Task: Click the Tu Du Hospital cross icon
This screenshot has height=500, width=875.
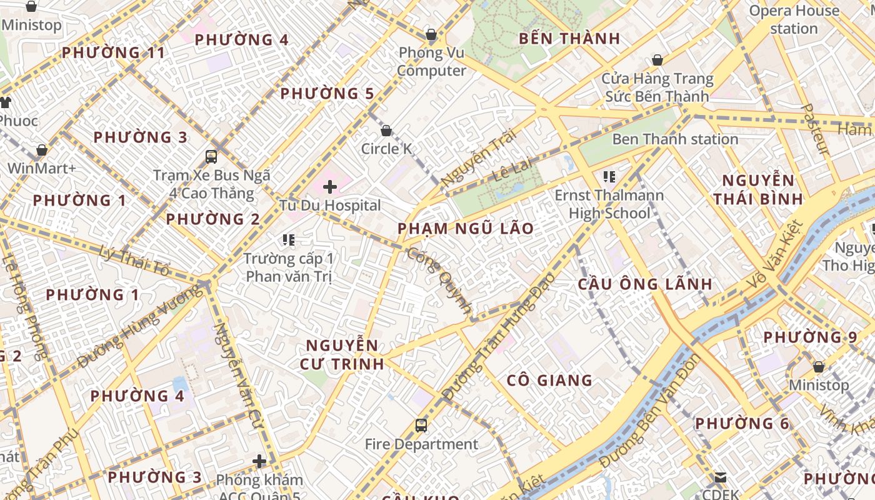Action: pyautogui.click(x=329, y=186)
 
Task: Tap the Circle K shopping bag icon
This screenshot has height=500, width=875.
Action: pyautogui.click(x=386, y=131)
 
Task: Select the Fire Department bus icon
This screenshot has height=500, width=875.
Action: pyautogui.click(x=421, y=426)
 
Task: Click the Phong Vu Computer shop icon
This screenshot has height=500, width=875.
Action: pyautogui.click(x=431, y=34)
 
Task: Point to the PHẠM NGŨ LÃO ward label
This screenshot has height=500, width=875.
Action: pyautogui.click(x=466, y=228)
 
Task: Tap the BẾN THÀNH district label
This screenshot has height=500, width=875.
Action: pyautogui.click(x=569, y=39)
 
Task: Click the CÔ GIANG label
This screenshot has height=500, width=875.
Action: pyautogui.click(x=549, y=380)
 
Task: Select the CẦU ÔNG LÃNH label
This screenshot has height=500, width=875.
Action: pyautogui.click(x=645, y=284)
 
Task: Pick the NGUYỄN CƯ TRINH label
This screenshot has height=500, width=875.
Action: pyautogui.click(x=342, y=354)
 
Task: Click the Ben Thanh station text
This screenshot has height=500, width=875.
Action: pyautogui.click(x=675, y=139)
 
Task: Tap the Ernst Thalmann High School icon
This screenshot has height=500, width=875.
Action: pyautogui.click(x=609, y=177)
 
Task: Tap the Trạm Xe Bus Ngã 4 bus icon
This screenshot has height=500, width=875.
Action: pyautogui.click(x=211, y=156)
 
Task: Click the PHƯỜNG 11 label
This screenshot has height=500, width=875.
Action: pyautogui.click(x=114, y=52)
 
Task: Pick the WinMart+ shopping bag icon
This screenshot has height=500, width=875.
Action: pyautogui.click(x=41, y=150)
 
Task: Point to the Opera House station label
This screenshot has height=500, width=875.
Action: pyautogui.click(x=794, y=19)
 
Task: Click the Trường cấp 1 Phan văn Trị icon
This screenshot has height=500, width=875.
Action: pyautogui.click(x=288, y=239)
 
